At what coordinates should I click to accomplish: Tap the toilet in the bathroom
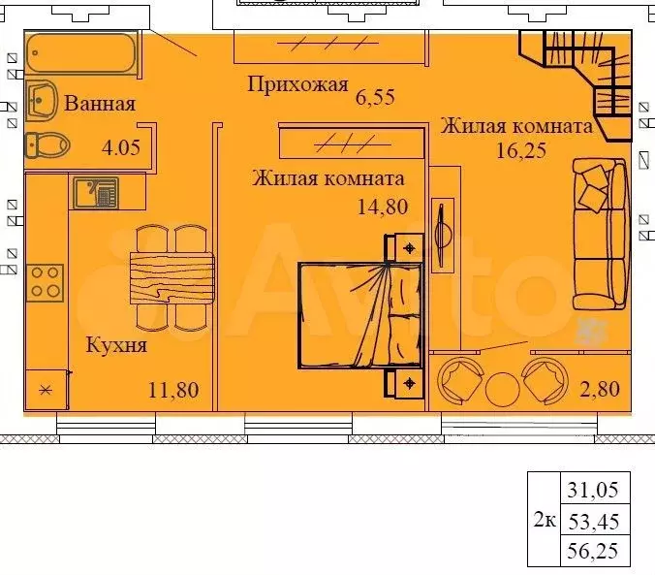(x=47, y=145)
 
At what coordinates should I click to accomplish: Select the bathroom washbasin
(x=44, y=99)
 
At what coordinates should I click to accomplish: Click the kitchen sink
(x=95, y=192)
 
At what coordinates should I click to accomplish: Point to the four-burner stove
(x=46, y=281)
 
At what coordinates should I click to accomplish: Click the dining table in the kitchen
(x=172, y=276)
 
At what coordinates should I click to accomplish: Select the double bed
(x=359, y=315)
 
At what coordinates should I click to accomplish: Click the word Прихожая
(x=297, y=85)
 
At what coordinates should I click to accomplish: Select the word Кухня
(x=116, y=344)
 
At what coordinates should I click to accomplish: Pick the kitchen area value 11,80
(x=174, y=391)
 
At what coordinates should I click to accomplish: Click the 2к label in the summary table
(x=545, y=521)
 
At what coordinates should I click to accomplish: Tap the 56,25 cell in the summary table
(x=592, y=553)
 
